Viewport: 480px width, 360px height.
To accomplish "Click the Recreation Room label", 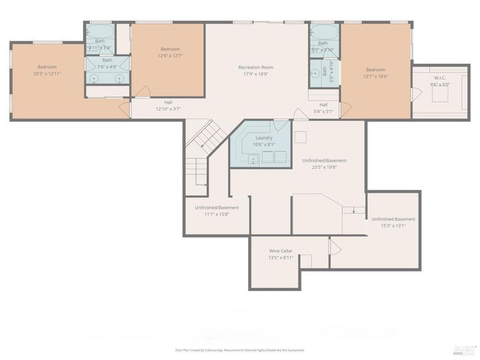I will tap(255, 67).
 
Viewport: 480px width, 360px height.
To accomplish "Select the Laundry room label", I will tap(264, 138).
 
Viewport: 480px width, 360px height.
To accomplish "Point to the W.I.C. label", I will tap(439, 78).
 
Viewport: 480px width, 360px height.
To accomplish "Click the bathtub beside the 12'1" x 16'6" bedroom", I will tap(324, 33).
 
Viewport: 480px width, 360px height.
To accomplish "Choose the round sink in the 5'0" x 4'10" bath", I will tap(316, 74).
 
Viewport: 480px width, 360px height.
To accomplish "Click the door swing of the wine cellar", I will tap(334, 247).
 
